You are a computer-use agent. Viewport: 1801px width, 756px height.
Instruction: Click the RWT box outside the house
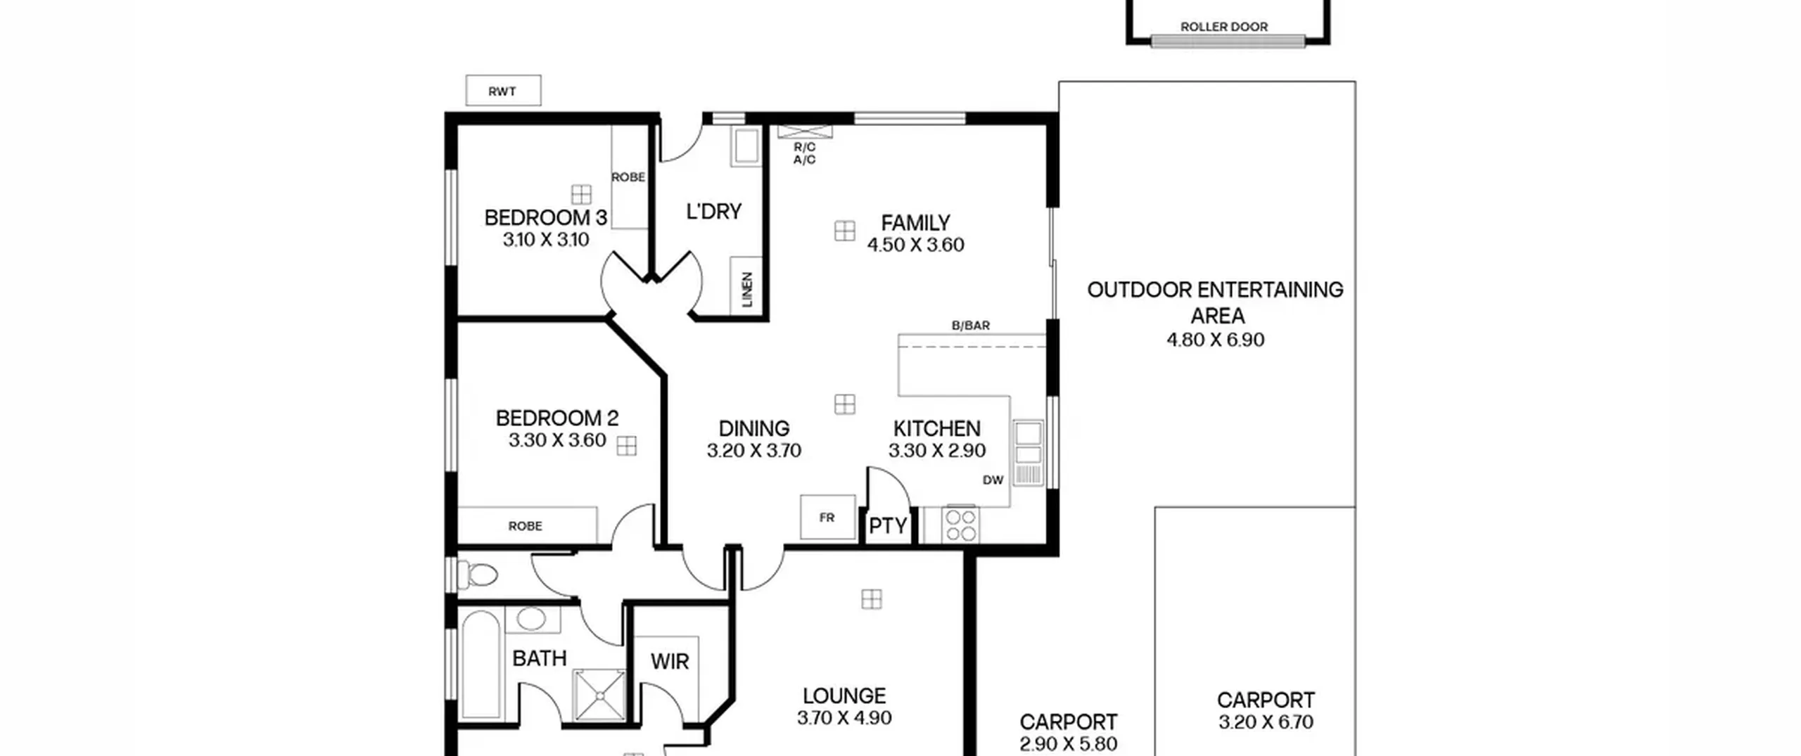(503, 91)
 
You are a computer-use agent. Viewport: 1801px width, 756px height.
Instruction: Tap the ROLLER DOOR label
(1223, 27)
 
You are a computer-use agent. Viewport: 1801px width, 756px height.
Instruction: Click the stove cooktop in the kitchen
(960, 525)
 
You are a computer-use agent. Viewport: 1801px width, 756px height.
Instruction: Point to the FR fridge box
(827, 518)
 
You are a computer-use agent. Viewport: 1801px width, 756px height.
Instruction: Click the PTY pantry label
(888, 526)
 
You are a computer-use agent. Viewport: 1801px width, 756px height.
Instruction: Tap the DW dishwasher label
(993, 480)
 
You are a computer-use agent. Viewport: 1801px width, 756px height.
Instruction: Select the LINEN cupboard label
(747, 290)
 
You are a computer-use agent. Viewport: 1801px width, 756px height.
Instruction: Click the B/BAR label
(971, 326)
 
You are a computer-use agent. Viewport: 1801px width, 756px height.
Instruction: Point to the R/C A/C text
(805, 153)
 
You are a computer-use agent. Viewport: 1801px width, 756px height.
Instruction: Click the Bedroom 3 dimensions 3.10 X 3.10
(546, 240)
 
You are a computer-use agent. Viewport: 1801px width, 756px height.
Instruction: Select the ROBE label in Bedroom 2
(526, 526)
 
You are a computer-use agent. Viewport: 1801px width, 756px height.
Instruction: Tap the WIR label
(669, 661)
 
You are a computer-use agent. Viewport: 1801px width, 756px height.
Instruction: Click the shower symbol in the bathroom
(599, 696)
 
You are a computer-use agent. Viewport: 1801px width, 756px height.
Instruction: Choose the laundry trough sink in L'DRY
(745, 146)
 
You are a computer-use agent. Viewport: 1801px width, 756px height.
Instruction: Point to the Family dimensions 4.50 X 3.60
(915, 245)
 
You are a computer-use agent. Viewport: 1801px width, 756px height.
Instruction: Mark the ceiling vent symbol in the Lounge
(872, 599)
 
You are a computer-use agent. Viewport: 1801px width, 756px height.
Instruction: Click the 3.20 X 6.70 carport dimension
(1266, 722)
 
